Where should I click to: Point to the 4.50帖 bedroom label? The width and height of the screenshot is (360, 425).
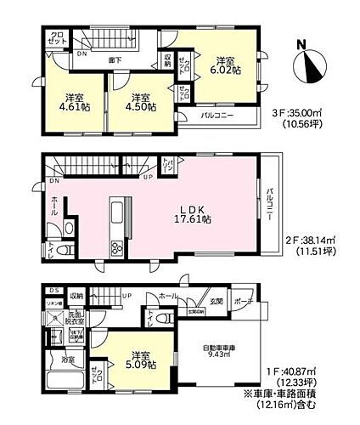141,102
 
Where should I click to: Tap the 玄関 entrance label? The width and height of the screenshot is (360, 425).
216,301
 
